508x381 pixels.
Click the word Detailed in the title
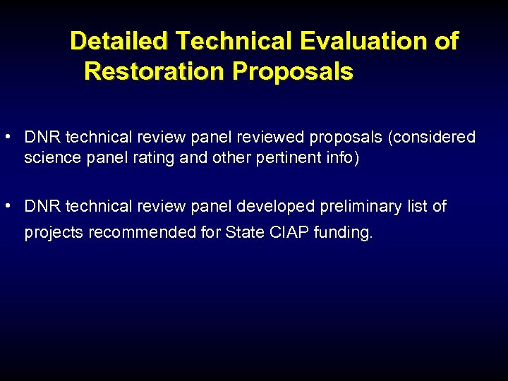coord(119,41)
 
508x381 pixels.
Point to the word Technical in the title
coord(234,41)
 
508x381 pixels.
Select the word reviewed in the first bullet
coord(272,137)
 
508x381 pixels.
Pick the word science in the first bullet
coord(51,158)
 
